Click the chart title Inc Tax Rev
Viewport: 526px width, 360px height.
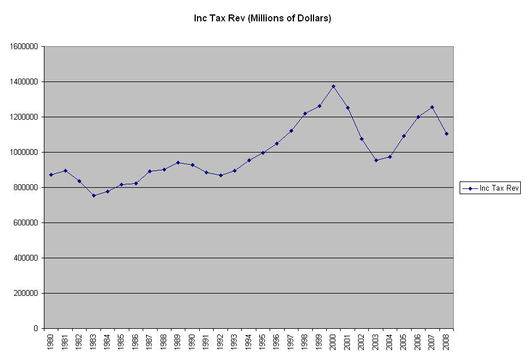262,18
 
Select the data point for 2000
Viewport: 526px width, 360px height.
333,87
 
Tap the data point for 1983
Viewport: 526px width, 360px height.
94,195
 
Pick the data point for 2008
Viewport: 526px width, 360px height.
446,133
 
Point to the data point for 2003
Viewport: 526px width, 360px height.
376,160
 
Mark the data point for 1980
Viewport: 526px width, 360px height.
51,175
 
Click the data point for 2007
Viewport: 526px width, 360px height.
432,107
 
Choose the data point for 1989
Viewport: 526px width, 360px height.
178,162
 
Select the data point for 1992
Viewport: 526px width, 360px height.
221,175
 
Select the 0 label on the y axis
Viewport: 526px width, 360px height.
36,329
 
